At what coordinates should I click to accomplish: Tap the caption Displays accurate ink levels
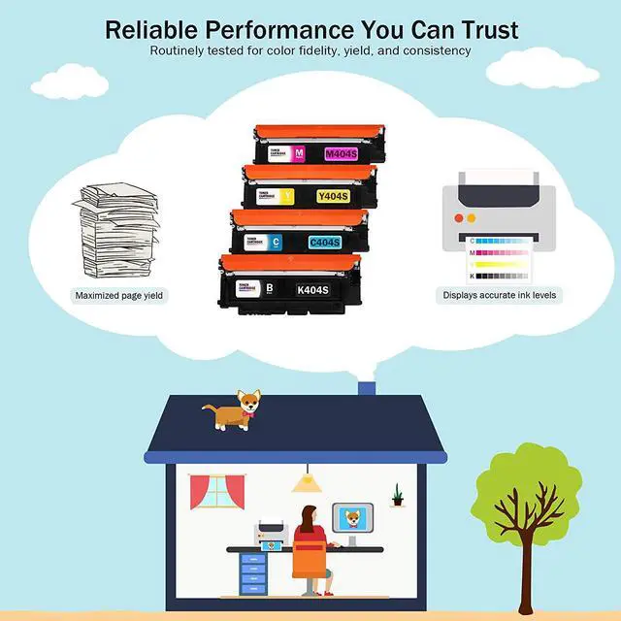[500, 295]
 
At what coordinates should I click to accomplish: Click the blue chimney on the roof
[367, 389]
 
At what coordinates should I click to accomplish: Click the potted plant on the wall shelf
[397, 496]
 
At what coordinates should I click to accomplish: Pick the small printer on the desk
[271, 532]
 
